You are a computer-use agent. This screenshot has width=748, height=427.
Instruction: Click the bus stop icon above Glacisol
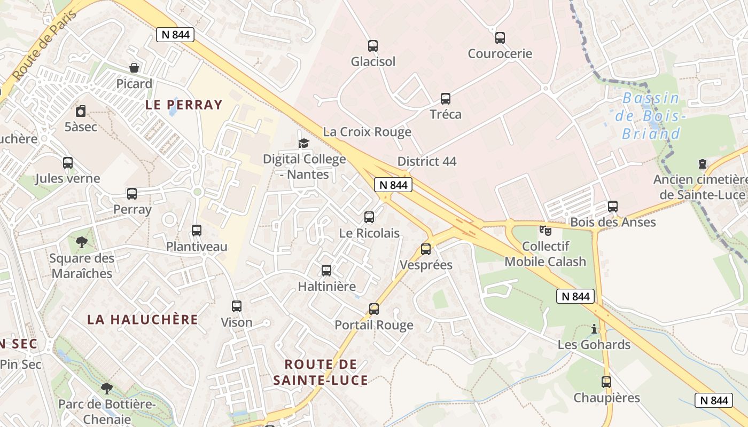(373, 46)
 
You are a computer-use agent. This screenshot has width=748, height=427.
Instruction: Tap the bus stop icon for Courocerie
(500, 38)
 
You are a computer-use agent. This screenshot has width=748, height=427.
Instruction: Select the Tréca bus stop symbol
(446, 99)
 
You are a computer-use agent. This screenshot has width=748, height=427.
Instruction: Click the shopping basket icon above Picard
(134, 68)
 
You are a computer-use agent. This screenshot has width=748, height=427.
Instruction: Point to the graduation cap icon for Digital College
(303, 143)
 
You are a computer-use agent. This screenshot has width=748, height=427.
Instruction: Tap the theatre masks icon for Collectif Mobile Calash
(545, 231)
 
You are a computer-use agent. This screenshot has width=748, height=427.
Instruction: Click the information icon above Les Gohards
(594, 329)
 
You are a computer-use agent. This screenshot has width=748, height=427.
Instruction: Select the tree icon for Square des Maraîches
(82, 242)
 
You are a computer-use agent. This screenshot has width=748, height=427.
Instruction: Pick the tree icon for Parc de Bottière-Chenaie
(107, 388)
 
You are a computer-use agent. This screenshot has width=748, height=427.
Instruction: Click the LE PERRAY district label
(184, 105)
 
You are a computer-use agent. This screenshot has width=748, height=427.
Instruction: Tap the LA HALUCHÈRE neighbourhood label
(143, 320)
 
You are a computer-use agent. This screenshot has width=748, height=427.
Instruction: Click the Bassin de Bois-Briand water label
(651, 116)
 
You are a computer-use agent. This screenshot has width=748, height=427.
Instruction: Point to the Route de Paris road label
(45, 45)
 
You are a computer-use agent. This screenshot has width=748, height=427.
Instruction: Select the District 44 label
(427, 161)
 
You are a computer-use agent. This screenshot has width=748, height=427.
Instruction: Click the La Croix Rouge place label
(367, 132)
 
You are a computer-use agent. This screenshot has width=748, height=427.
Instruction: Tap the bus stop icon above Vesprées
(426, 249)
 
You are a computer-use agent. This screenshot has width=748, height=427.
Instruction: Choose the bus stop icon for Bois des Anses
(613, 206)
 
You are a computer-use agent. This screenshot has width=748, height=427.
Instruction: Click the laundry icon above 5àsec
(81, 111)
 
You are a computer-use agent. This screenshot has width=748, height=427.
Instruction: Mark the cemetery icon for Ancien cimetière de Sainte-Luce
(702, 164)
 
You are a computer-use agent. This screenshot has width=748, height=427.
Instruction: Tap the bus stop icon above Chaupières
(606, 382)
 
